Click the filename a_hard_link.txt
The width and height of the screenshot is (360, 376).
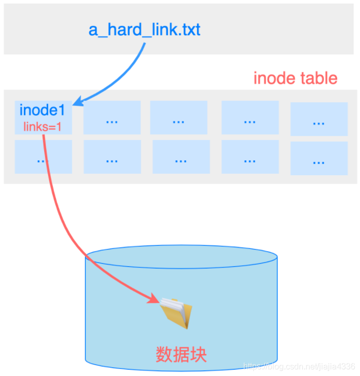[144, 30]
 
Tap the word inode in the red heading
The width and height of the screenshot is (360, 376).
[274, 79]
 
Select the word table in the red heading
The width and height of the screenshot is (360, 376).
[318, 79]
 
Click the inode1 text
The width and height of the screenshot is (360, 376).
[42, 110]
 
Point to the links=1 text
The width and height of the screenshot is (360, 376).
[43, 126]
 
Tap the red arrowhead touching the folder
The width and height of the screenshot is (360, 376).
[154, 299]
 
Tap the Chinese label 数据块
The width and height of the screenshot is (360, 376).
[181, 354]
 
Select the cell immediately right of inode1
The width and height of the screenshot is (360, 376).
[112, 118]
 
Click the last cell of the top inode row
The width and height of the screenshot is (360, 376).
[319, 119]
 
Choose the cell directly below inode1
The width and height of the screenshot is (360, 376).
[43, 157]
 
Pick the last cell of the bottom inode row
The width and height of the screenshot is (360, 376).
[319, 158]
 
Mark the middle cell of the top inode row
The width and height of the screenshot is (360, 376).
[179, 118]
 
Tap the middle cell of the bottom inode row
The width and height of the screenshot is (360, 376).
[181, 157]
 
